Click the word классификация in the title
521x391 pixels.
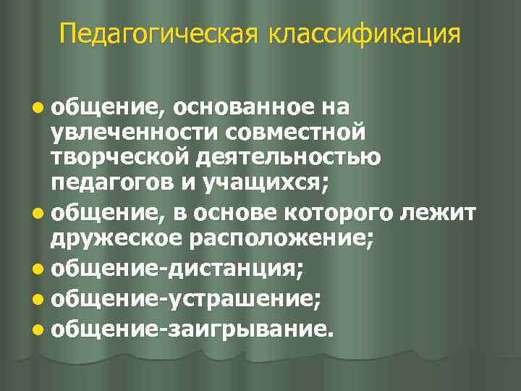[365, 33]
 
